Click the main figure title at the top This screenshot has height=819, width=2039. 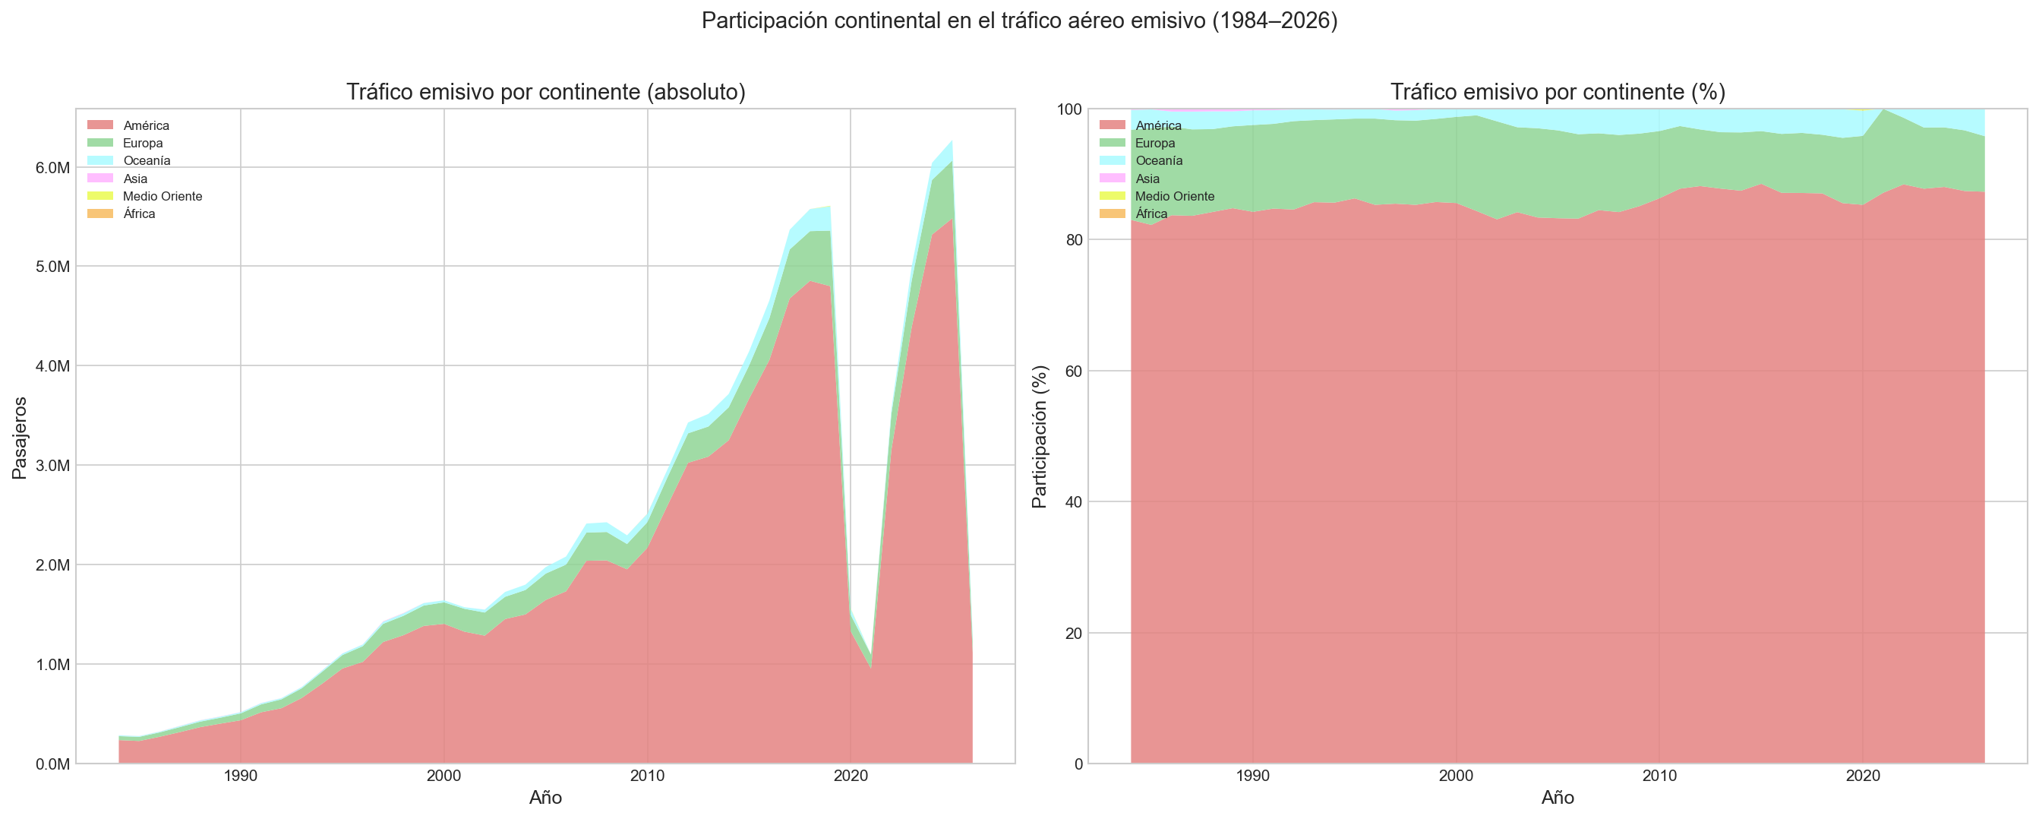[1019, 21]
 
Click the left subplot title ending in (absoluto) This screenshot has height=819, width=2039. [545, 93]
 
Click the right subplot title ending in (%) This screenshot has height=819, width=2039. [1557, 93]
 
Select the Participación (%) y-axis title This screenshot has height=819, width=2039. [1040, 436]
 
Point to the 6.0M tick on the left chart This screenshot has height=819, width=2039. [52, 168]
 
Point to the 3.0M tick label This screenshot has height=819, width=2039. [52, 466]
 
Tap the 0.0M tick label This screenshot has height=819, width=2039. [52, 764]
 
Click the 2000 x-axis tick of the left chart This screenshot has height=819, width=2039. [444, 777]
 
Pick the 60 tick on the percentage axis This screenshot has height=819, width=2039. [1072, 372]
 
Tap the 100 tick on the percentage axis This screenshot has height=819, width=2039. [1068, 109]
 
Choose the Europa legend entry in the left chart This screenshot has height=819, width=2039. [143, 144]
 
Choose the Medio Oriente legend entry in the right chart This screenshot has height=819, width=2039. [1174, 197]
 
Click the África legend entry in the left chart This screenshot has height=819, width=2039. [139, 213]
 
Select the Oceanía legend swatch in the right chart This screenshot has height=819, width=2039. [1111, 161]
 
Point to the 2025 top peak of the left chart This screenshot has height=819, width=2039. [952, 141]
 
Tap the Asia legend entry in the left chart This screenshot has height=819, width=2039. [135, 179]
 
